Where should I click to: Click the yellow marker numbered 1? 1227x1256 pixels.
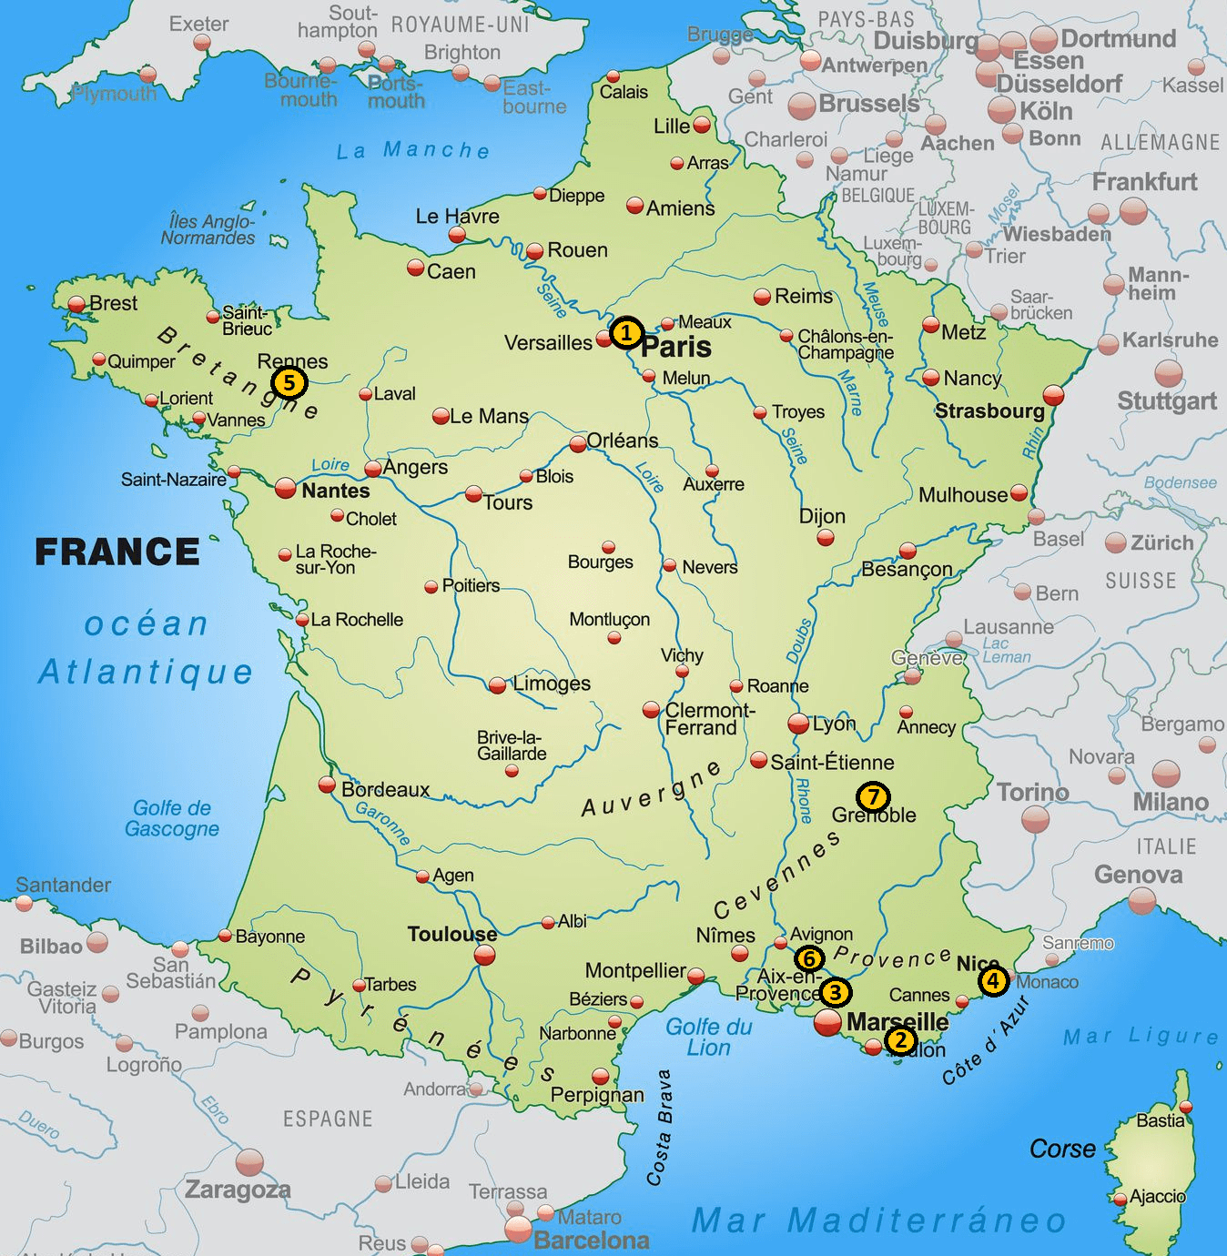click(625, 333)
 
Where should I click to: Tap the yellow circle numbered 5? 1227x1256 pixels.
click(289, 382)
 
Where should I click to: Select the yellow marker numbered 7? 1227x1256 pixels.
click(873, 797)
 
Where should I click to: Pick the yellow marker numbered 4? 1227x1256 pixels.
click(993, 980)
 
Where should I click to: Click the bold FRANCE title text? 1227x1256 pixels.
click(117, 552)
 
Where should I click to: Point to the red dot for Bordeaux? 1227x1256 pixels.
click(327, 785)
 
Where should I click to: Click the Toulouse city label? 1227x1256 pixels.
click(451, 934)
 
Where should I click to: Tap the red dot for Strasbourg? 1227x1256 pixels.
click(1053, 395)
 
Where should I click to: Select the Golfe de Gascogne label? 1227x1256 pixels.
click(172, 818)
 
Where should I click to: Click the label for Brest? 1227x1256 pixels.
click(113, 303)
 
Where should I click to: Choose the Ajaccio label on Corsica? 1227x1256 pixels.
click(1157, 1196)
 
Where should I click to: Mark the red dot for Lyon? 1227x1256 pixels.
click(798, 724)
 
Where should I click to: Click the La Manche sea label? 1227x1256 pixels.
click(413, 150)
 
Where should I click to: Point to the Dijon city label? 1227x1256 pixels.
click(822, 516)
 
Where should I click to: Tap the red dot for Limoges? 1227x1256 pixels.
click(497, 685)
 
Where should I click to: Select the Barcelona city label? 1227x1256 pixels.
click(591, 1241)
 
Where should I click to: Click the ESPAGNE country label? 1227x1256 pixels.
click(328, 1119)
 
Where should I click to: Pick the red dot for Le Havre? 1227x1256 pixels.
click(457, 235)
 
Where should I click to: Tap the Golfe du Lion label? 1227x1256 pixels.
click(708, 1037)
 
